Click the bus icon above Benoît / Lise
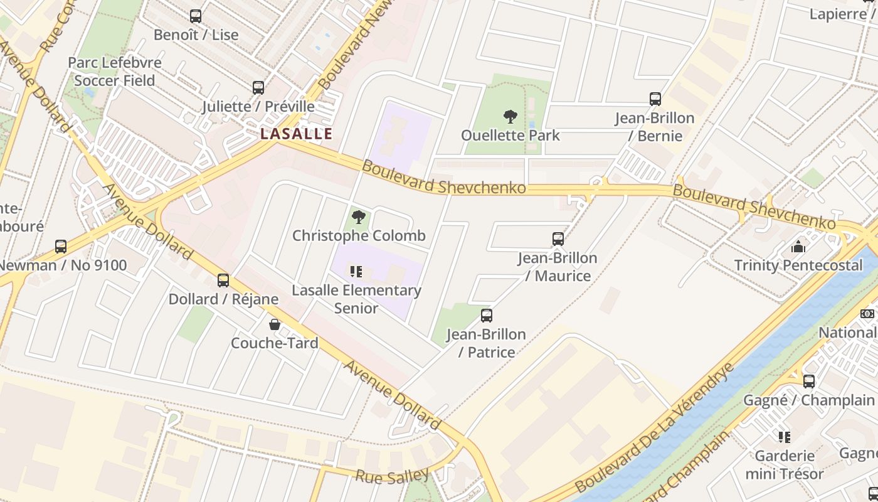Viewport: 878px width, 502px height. click(x=196, y=16)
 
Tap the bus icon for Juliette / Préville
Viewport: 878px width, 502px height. click(x=258, y=88)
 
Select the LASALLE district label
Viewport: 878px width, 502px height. click(x=296, y=134)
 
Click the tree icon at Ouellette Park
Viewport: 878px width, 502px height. click(x=510, y=116)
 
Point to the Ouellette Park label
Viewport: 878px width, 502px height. click(x=510, y=136)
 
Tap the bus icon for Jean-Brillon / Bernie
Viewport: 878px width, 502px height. click(x=655, y=99)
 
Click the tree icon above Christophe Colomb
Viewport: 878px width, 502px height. click(x=359, y=217)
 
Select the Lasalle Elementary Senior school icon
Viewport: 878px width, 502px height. click(x=356, y=272)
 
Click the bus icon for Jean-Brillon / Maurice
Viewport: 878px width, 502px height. click(x=558, y=239)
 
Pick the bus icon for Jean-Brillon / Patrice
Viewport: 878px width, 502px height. click(x=487, y=316)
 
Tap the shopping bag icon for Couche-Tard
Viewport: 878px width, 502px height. click(x=275, y=324)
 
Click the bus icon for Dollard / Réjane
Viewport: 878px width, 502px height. click(x=223, y=280)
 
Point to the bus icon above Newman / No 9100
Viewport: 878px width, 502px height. click(x=61, y=247)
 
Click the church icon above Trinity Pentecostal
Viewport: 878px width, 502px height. click(x=798, y=247)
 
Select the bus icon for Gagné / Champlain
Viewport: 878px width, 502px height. click(x=809, y=382)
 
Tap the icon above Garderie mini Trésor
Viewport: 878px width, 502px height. click(x=784, y=437)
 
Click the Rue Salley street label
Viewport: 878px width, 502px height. click(x=393, y=476)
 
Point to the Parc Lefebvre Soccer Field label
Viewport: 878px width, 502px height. click(x=115, y=72)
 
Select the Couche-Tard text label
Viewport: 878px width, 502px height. click(x=275, y=343)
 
